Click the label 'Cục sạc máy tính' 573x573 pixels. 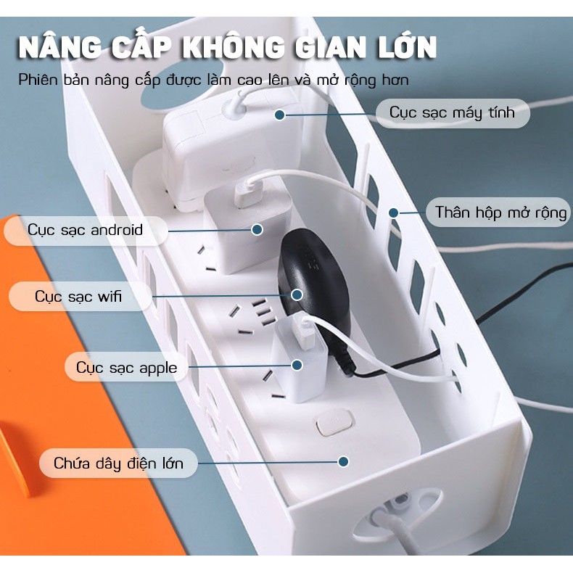(x=452, y=113)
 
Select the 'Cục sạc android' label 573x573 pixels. (x=86, y=230)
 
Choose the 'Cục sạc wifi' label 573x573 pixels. (x=79, y=297)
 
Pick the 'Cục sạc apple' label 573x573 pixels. (x=126, y=367)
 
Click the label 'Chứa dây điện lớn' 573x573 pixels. (x=118, y=463)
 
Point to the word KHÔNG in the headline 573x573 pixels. (x=231, y=47)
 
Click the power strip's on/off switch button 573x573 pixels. (x=335, y=422)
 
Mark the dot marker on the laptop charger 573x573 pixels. (x=279, y=115)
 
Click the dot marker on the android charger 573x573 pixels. (x=257, y=229)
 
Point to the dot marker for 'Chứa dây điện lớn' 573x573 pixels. (x=343, y=461)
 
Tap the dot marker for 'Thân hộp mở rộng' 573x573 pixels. (x=394, y=213)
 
